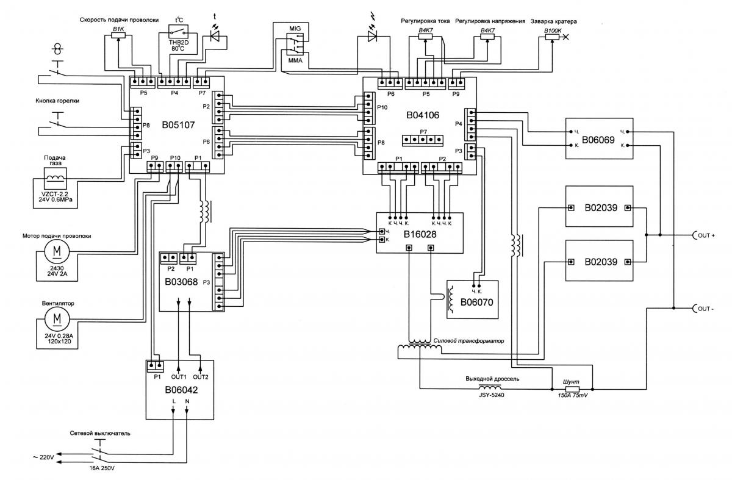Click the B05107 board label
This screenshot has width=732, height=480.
point(178,125)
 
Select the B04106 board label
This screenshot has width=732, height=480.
point(423,113)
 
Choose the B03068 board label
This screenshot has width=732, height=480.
point(182,282)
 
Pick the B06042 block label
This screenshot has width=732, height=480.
point(181,389)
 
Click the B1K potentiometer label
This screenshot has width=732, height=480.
point(117,29)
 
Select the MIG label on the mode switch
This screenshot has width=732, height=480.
point(295,28)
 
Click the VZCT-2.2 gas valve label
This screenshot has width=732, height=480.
point(54,193)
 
